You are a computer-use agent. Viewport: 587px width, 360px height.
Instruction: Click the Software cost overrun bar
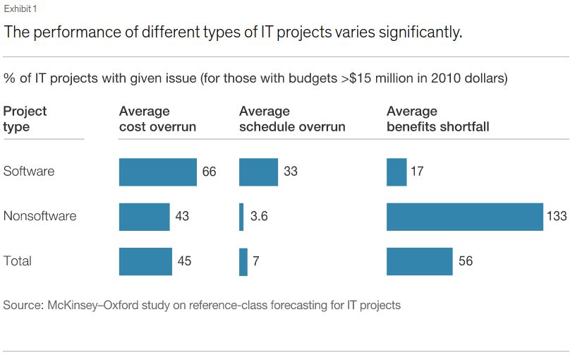(157, 172)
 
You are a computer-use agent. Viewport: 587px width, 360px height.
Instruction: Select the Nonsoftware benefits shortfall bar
(464, 216)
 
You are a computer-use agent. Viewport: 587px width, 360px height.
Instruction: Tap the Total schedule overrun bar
(243, 261)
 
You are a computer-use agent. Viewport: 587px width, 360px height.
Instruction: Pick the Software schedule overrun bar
(259, 172)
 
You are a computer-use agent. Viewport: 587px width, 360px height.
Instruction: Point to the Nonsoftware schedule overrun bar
(241, 216)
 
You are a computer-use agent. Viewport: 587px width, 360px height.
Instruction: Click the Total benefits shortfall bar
(419, 261)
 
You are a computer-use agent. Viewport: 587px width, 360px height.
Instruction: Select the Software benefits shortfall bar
(397, 172)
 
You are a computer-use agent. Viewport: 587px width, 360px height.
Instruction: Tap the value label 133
(557, 216)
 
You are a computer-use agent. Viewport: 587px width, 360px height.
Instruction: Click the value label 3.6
(259, 216)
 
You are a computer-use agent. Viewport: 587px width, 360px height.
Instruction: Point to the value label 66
(209, 172)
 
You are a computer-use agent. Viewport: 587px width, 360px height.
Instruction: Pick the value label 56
(466, 261)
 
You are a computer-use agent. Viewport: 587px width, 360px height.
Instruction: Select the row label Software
(29, 172)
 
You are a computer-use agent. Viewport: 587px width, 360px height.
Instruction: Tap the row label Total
(18, 261)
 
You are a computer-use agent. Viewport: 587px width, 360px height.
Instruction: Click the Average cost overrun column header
(157, 119)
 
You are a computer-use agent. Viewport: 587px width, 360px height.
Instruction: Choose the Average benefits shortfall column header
(437, 119)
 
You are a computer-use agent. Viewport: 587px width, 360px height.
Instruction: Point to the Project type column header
(25, 119)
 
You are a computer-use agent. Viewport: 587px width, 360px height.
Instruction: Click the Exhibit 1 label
(20, 9)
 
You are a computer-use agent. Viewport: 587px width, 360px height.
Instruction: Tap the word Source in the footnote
(22, 306)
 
